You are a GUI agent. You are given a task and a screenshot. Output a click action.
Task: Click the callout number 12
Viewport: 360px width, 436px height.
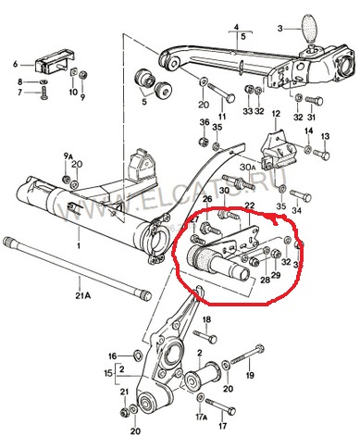[x=275, y=113]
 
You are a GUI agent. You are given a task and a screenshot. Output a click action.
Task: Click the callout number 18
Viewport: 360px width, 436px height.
[x=208, y=318]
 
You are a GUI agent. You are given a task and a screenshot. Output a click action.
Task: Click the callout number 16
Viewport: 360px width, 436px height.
[x=113, y=355]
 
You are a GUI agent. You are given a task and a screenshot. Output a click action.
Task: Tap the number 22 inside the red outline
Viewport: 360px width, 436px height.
[x=249, y=206]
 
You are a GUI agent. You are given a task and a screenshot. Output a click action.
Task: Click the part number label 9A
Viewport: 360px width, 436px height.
[x=66, y=154]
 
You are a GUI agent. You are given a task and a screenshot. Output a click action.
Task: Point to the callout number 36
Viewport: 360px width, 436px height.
[x=204, y=122]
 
